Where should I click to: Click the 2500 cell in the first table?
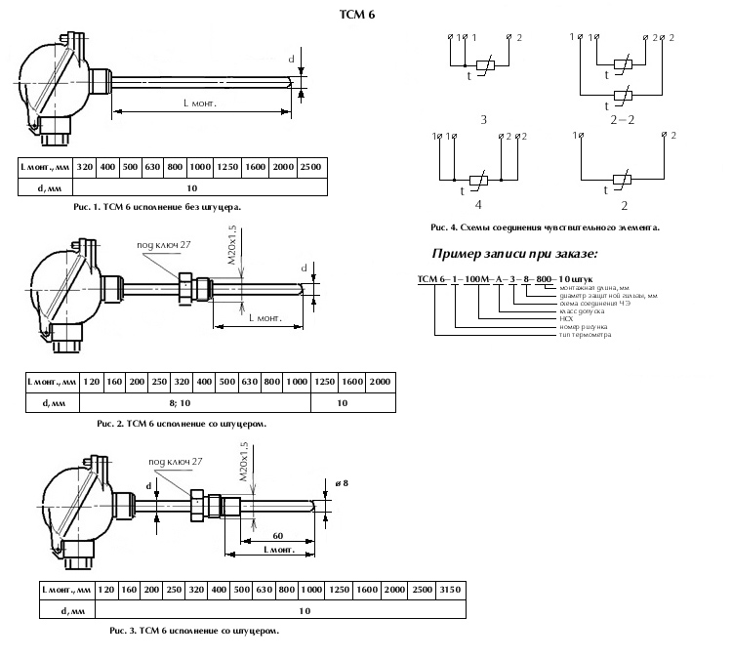tap(309, 167)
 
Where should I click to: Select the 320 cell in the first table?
tap(86, 167)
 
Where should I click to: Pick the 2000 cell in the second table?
tap(380, 381)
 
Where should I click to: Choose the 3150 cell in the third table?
tap(451, 591)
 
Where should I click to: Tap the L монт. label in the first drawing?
tap(199, 103)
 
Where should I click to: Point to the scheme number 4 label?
tap(479, 206)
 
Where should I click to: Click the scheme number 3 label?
tap(483, 120)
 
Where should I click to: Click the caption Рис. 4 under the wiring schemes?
tap(545, 227)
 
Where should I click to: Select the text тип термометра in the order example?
tap(586, 335)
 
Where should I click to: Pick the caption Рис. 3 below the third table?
tap(182, 631)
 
